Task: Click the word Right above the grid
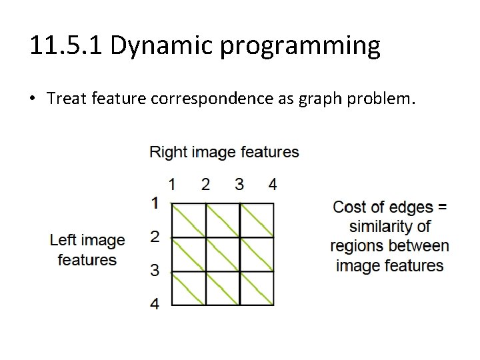click(167, 152)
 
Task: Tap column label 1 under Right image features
click(172, 183)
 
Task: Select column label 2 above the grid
click(205, 183)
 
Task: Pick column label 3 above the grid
click(239, 183)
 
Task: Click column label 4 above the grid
click(273, 183)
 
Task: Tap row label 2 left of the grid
click(155, 236)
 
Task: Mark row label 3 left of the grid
click(155, 271)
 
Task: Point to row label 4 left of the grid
click(155, 305)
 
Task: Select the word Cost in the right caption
click(349, 207)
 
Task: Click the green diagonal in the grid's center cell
click(223, 255)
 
